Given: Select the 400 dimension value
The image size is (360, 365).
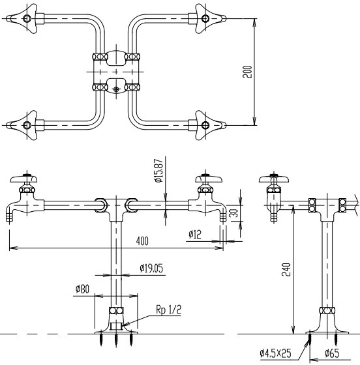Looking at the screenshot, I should [142, 241].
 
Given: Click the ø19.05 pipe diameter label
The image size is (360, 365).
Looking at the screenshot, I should [151, 267].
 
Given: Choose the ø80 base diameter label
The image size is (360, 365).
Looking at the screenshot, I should [82, 288].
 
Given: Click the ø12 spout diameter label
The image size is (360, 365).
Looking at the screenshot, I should [194, 233].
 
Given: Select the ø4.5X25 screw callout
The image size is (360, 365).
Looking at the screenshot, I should [275, 354].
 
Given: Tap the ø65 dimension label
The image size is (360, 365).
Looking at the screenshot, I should [334, 354].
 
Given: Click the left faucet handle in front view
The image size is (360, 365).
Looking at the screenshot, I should [26, 178].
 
